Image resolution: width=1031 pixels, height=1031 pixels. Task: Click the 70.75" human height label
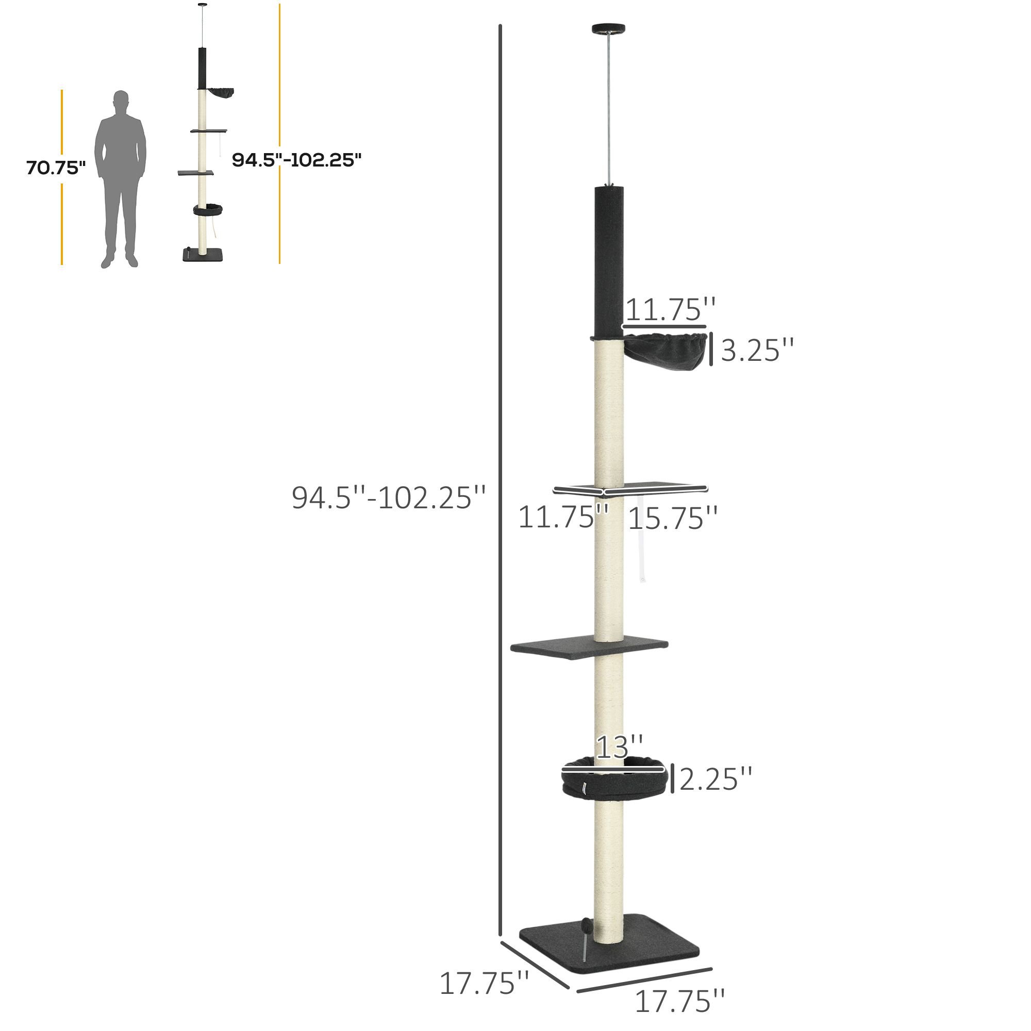(56, 168)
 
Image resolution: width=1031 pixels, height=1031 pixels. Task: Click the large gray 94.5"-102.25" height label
(389, 497)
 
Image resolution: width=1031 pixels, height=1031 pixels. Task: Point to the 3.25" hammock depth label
(757, 350)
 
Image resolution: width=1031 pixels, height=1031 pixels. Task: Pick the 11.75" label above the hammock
(670, 310)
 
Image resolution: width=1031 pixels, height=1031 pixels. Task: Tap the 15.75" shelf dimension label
(673, 518)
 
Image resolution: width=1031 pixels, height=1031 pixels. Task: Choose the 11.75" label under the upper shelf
(563, 517)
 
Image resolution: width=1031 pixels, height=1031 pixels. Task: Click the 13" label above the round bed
(619, 746)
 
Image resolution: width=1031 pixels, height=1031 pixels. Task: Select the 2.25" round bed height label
(716, 778)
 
